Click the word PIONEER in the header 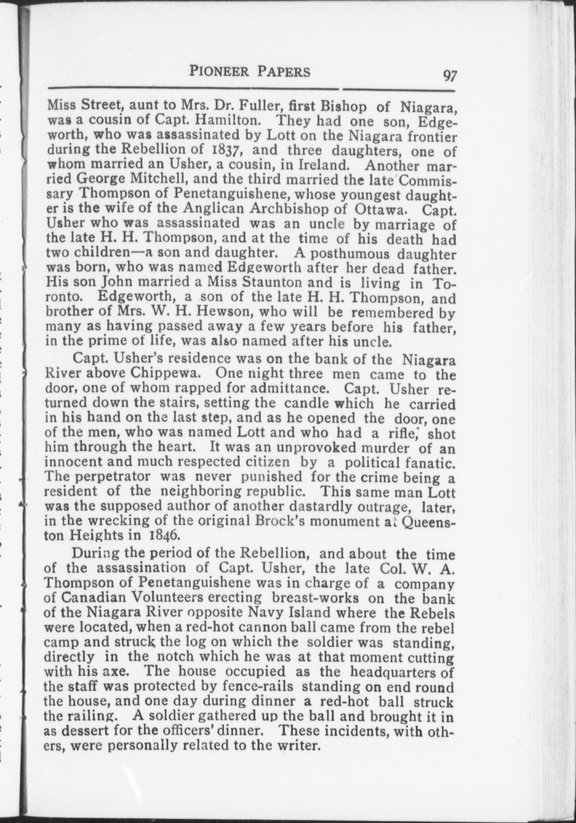[219, 72]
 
